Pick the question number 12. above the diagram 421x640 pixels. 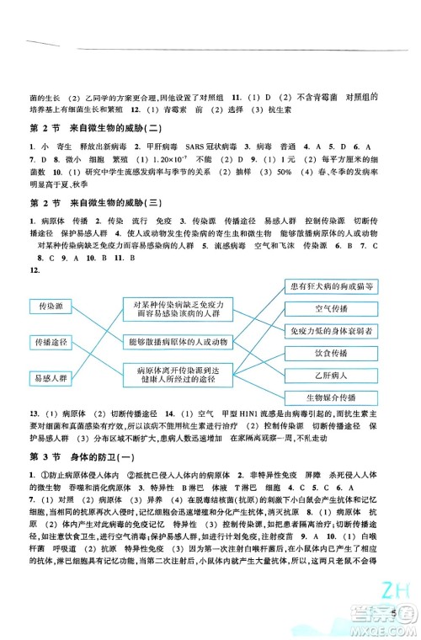click(x=34, y=273)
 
